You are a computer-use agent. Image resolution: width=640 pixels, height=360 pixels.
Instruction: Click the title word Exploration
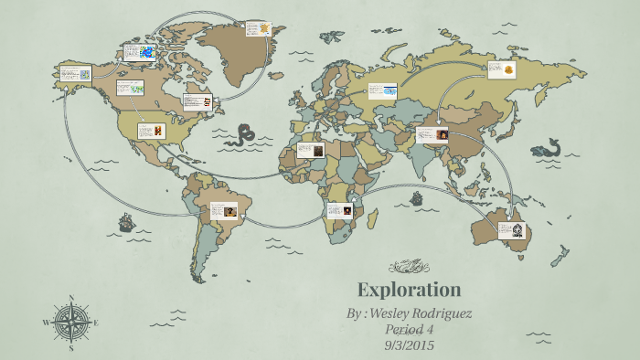pyautogui.click(x=409, y=291)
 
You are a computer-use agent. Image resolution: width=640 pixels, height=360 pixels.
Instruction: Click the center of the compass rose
pyautogui.click(x=71, y=323)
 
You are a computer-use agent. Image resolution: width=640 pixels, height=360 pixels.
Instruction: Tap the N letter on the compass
pyautogui.click(x=71, y=298)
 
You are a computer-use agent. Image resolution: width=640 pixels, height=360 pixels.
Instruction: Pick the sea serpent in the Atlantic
pyautogui.click(x=242, y=137)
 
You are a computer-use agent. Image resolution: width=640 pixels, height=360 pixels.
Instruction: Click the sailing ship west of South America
pyautogui.click(x=125, y=221)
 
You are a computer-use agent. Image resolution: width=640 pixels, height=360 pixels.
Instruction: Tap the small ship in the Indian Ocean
pyautogui.click(x=417, y=198)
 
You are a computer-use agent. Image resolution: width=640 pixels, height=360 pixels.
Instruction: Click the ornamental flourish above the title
pyautogui.click(x=408, y=267)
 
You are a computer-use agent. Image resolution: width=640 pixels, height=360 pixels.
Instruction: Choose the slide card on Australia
pyautogui.click(x=511, y=230)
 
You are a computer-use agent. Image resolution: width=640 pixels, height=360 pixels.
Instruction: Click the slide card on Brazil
pyautogui.click(x=224, y=211)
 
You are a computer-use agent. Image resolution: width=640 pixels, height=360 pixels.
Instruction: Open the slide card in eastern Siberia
pyautogui.click(x=502, y=69)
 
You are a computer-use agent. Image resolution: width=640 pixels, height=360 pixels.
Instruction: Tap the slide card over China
pyautogui.click(x=432, y=135)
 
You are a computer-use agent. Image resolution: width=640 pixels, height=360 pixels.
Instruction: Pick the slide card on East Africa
pyautogui.click(x=339, y=211)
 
